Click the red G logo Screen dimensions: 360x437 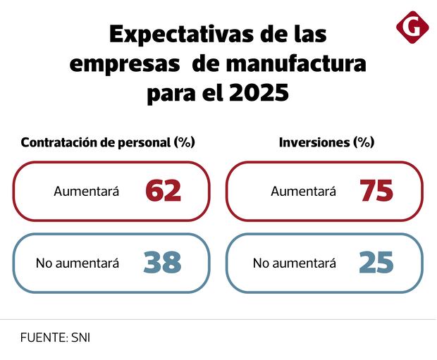412,27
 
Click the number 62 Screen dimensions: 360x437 163,191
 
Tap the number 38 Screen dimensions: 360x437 162,263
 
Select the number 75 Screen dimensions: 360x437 376,191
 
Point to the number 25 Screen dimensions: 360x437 376,263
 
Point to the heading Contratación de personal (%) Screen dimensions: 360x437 108,142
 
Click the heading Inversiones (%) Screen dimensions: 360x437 326,142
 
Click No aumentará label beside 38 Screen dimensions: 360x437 77,263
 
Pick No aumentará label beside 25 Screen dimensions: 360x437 294,263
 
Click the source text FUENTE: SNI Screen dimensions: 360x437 55,337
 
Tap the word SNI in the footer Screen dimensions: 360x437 80,337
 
